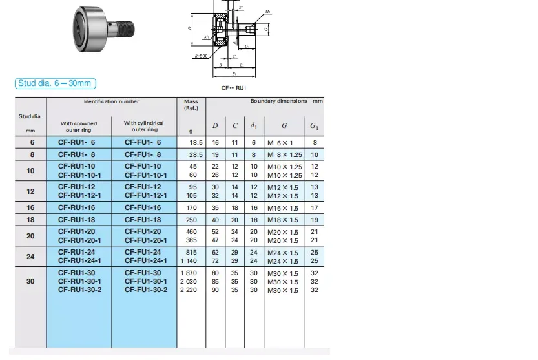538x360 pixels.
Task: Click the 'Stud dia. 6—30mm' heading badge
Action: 56,83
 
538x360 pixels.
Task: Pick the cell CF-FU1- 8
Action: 143,154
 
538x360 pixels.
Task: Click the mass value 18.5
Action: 195,142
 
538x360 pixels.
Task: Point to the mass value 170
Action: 192,208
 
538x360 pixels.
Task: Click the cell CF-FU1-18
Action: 143,220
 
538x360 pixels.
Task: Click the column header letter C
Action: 235,125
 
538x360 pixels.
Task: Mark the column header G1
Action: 314,125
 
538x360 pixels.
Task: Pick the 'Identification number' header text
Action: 111,101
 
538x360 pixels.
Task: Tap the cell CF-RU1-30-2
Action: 81,290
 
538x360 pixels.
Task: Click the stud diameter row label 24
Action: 30,257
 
